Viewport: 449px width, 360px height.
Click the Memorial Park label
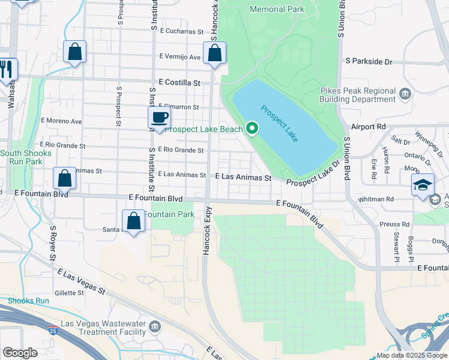pos(277,9)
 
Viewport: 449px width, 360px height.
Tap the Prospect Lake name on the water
pos(280,124)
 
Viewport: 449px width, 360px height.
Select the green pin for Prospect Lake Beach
pos(253,128)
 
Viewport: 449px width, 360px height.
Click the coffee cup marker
pos(160,118)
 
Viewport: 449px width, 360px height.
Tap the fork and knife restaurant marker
pos(7,68)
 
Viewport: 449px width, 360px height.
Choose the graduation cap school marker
pos(423,184)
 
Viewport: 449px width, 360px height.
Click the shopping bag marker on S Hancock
pos(214,53)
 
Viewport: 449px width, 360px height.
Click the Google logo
pos(20,353)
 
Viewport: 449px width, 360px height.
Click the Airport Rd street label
pos(369,127)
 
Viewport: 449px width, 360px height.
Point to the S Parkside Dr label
pos(369,61)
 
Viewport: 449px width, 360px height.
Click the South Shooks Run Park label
pos(21,157)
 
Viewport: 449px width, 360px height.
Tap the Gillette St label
pos(69,293)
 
